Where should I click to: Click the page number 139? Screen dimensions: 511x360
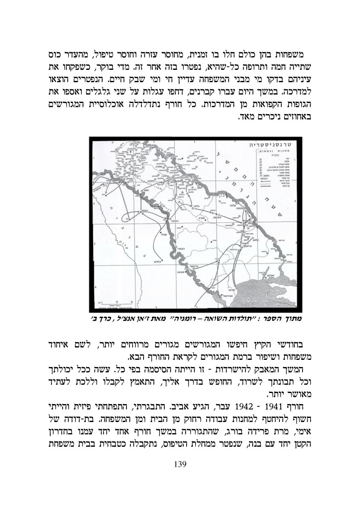coord(181,464)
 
